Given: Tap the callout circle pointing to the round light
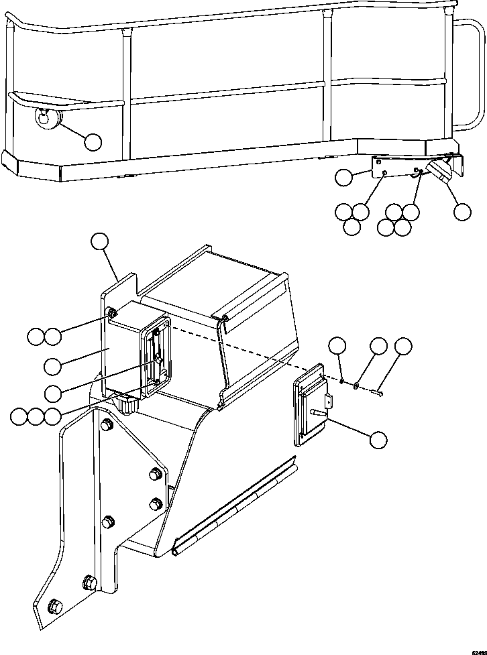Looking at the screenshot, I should click(x=93, y=141).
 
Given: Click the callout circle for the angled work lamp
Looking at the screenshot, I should click(x=462, y=211).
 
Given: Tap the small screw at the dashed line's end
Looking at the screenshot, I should click(x=381, y=394).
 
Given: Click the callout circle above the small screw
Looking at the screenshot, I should click(x=403, y=346).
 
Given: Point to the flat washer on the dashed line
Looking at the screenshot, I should click(x=356, y=385).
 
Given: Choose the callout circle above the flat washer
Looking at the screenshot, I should click(x=378, y=346).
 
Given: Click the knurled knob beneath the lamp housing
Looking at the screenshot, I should click(x=126, y=404).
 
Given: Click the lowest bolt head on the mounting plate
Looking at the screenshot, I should click(x=56, y=607).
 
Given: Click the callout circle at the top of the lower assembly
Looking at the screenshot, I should click(x=100, y=242).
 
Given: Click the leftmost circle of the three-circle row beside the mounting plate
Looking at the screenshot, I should click(x=19, y=417).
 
